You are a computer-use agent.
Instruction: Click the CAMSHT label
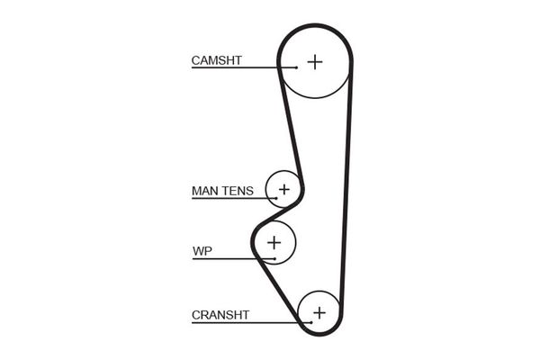pos(217,60)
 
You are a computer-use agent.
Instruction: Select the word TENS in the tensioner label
pos(238,191)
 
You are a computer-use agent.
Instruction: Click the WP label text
pos(201,251)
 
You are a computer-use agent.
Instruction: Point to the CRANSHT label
pos(220,315)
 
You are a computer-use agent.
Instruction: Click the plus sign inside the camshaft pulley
pos(314,61)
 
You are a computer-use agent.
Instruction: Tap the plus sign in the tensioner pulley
pos(284,190)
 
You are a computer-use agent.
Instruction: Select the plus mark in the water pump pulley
pos(274,242)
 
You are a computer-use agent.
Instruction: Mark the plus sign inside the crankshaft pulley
pos(318,313)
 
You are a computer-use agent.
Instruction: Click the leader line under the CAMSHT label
pos(243,68)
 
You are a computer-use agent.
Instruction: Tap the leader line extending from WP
pos(225,259)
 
